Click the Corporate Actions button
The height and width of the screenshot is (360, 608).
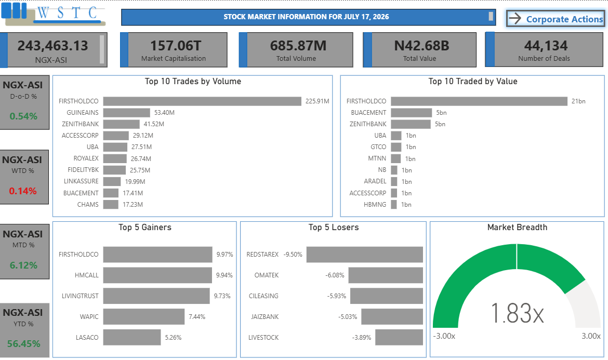(x=556, y=18)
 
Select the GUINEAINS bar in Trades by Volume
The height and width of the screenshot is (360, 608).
(x=126, y=112)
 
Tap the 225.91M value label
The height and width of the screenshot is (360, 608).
(x=317, y=101)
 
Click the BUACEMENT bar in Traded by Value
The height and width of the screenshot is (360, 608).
(x=412, y=112)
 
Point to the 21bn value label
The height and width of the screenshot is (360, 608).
(x=578, y=101)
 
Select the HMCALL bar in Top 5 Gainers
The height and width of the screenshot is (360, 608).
(x=157, y=275)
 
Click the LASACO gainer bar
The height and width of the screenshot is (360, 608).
(x=132, y=337)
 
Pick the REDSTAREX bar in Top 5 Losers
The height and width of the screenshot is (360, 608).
(x=364, y=255)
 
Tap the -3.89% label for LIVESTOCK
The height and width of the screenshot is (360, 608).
(x=361, y=338)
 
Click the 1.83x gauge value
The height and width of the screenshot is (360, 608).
(x=517, y=313)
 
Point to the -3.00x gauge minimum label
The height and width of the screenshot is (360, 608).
(x=444, y=336)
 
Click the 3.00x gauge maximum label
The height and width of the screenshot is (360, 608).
(x=591, y=336)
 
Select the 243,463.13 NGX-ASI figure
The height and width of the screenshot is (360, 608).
(x=52, y=46)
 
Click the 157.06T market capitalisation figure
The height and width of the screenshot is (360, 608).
(x=176, y=46)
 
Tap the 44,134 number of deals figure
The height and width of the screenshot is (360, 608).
(x=546, y=46)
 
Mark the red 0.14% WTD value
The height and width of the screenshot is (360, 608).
(x=23, y=191)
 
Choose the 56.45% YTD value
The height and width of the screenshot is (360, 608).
(x=24, y=343)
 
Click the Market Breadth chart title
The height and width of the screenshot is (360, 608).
(x=517, y=228)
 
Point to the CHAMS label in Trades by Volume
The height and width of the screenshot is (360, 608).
(x=88, y=205)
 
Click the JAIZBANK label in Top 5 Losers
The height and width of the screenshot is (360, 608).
(x=265, y=317)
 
